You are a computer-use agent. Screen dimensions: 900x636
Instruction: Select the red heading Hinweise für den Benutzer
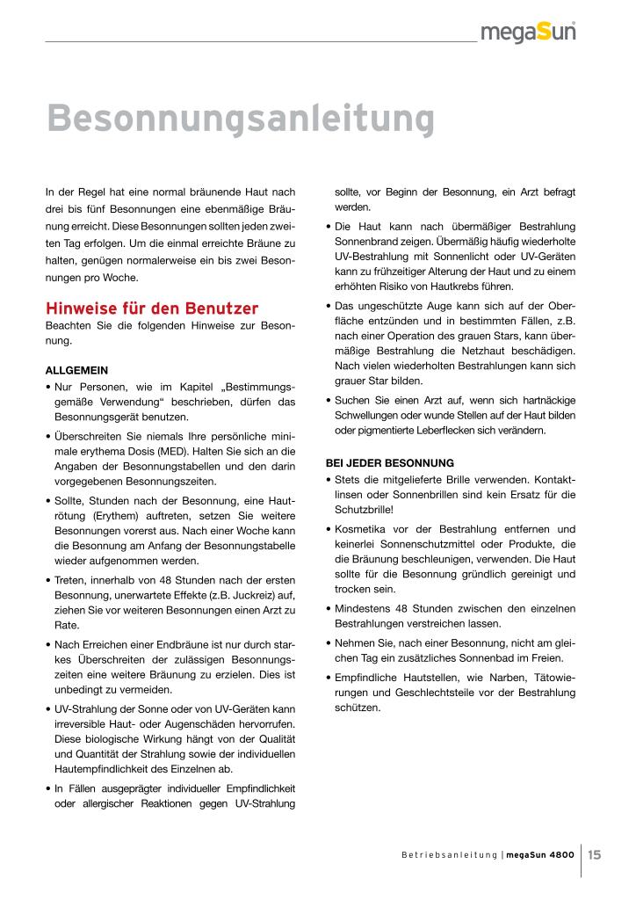coord(152,308)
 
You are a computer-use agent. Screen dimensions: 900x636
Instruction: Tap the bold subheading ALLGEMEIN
coord(76,370)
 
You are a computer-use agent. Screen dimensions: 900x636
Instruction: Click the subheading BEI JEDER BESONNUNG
coord(389,462)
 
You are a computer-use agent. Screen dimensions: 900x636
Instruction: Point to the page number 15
coord(595,853)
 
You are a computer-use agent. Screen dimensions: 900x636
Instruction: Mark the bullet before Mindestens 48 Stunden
coord(328,609)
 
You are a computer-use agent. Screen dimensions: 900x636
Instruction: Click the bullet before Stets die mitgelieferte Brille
coord(328,480)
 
